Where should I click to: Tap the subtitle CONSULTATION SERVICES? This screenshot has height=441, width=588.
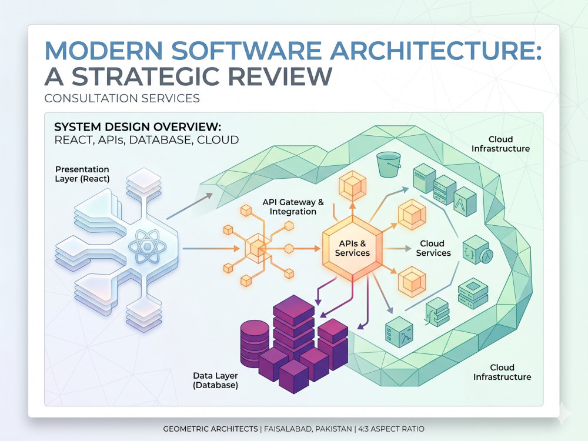pos(122,98)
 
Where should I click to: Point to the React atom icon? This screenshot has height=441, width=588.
pos(147,246)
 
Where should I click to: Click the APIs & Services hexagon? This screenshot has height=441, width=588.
pos(352,248)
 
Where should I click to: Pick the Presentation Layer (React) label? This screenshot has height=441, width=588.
pos(82,174)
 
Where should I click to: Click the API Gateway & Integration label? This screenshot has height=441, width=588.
pos(293,206)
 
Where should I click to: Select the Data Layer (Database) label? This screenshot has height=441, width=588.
pos(215,380)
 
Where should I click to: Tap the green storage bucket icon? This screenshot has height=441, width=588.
pos(389,164)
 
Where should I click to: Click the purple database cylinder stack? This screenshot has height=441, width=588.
pos(255,343)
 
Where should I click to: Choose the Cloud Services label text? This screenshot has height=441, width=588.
pos(433,248)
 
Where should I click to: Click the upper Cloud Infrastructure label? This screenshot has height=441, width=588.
pos(500,144)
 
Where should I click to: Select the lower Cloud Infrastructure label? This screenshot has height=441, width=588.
pos(502,372)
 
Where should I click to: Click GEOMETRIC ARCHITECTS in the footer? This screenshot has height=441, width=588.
pos(211,429)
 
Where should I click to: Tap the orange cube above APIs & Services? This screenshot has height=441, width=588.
pos(352,186)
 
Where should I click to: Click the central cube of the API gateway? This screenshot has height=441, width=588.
pos(257,248)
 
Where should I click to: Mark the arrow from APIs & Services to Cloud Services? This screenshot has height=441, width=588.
pos(397,249)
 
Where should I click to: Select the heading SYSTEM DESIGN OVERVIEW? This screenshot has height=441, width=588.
pos(138,127)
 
